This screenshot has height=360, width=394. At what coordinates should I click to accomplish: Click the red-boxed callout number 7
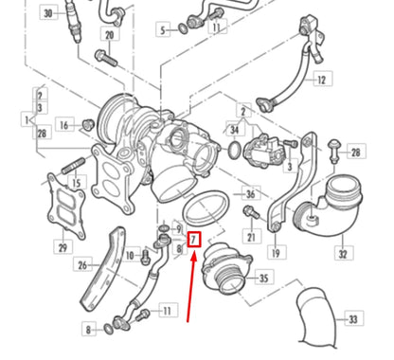point(194,241)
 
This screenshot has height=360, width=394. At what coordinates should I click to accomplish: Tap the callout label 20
point(109,35)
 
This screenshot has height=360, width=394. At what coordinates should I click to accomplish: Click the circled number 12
point(321,80)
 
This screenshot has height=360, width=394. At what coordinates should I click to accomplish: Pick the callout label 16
point(64,124)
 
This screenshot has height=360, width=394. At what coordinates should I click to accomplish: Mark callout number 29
point(63,247)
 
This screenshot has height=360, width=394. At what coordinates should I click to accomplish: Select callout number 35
point(264,279)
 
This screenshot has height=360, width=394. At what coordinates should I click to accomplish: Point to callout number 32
point(343,253)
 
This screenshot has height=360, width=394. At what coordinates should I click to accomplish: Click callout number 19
point(276,253)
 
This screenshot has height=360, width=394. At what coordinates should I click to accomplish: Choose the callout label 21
point(251,236)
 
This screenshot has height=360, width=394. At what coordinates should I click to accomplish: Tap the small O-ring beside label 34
point(235,150)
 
